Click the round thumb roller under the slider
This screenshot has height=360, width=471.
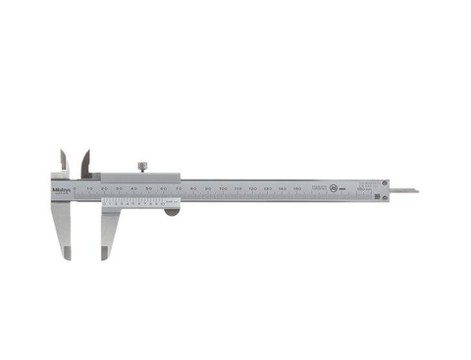(x=171, y=207)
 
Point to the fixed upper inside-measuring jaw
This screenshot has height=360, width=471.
(x=64, y=160)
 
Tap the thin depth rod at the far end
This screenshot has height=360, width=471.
(x=401, y=189)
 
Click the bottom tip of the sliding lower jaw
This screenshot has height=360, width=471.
(x=104, y=258)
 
